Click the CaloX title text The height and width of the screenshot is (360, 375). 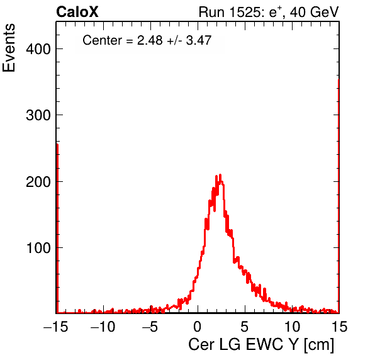pos(77,12)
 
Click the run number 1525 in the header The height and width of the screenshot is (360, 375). pos(245,12)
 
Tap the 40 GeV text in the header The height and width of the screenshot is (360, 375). pos(314,12)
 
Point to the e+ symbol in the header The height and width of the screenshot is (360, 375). pos(276,12)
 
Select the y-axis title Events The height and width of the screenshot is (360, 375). pos(9,48)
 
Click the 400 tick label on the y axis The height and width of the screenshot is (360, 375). pos(38,49)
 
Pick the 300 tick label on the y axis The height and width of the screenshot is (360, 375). pos(38,115)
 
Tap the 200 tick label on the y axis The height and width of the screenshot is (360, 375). pos(38,182)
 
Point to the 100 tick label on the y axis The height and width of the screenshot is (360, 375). pos(39,248)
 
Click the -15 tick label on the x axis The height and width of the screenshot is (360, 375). pos(56,326)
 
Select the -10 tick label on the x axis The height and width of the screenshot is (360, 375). pos(103,326)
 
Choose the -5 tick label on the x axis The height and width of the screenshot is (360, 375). pos(150,326)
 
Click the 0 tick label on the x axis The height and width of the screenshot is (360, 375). pos(198,326)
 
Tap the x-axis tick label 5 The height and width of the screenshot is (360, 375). pos(244,326)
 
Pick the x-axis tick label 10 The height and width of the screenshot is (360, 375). pos(292,326)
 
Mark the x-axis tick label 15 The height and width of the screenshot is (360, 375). pos(339,326)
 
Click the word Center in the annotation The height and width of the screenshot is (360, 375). pos(103,40)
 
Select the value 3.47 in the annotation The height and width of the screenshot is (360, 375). pos(199,40)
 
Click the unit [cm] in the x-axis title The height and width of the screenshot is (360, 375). pos(319,345)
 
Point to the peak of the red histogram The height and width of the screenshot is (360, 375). pos(220,174)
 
